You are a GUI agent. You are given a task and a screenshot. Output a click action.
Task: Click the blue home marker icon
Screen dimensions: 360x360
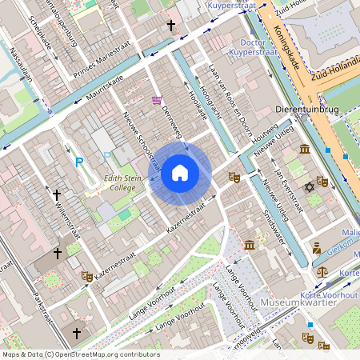coord(180,173)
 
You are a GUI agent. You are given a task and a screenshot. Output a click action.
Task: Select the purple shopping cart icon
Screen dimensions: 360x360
coord(157,100)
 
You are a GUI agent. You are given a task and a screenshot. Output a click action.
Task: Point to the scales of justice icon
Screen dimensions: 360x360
coord(322,271)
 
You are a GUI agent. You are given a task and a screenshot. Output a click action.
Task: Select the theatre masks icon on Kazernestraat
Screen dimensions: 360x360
coord(86,276)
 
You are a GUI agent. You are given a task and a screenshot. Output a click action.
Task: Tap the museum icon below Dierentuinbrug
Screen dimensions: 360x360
coord(305,149)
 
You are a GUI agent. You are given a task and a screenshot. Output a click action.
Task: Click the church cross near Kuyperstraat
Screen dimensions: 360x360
coord(170,26)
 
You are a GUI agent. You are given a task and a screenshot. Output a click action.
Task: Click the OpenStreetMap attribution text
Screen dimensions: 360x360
coord(81,354)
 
